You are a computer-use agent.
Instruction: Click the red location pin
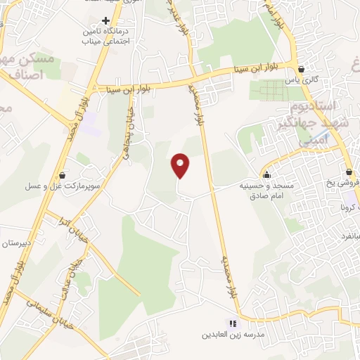(x=181, y=165)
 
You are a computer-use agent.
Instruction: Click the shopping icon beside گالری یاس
(x=302, y=70)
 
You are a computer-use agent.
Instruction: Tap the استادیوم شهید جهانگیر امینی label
(x=319, y=124)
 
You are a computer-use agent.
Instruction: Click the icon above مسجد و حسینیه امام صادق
(x=266, y=175)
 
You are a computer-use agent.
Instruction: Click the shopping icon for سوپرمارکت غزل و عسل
(x=63, y=175)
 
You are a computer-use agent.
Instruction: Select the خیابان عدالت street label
(x=75, y=271)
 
